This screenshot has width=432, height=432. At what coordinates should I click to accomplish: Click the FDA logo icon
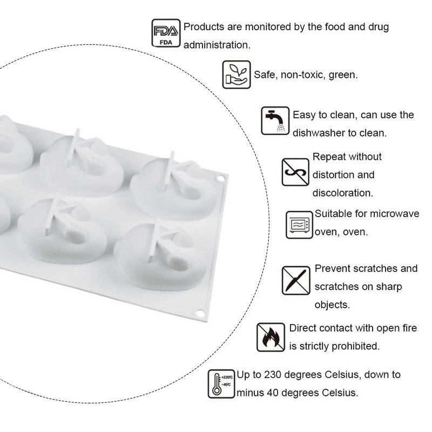coord(166,33)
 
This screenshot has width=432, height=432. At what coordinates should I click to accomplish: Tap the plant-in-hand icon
coord(237,75)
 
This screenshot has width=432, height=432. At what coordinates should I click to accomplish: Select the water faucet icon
coord(275,121)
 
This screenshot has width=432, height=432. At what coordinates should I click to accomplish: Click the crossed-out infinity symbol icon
coord(295,172)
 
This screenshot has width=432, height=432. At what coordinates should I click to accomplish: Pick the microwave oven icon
coord(299,225)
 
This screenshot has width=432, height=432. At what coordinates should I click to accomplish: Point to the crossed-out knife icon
coord(296,280)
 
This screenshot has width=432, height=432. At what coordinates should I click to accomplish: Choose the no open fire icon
coord(271,337)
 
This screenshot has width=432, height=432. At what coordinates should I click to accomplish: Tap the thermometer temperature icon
coord(221,384)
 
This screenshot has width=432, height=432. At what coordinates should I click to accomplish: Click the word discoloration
coord(343,193)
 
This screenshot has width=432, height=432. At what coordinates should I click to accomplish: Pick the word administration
coord(217,45)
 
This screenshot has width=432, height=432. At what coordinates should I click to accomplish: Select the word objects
coord(332,305)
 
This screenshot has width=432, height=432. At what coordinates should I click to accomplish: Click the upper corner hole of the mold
coord(221,178)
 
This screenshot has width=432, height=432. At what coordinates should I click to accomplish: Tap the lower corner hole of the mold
coord(200,313)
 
